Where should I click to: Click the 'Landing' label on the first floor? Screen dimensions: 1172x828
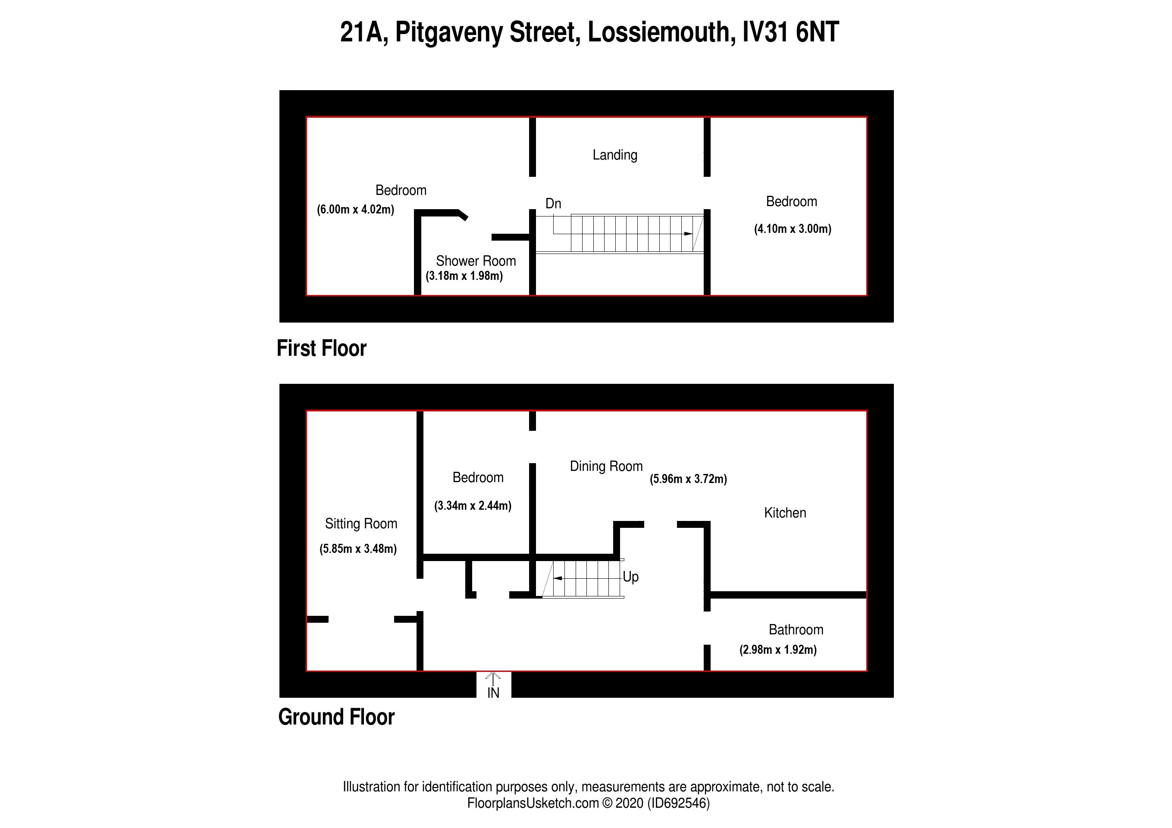point(614,155)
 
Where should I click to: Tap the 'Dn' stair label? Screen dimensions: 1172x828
point(553,204)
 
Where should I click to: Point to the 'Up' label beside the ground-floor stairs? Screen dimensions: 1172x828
point(630,577)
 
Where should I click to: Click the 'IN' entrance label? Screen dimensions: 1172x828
point(493,693)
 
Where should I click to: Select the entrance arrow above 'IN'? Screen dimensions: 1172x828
point(493,678)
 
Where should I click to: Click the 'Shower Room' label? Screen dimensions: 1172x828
point(476,261)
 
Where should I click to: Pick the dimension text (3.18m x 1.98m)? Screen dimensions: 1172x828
point(464,276)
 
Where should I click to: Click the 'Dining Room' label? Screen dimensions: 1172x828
point(606,466)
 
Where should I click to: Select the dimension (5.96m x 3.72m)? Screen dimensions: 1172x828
point(688,479)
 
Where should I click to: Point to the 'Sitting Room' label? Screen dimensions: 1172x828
point(361,524)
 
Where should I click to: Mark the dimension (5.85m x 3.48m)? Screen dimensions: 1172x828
point(358,549)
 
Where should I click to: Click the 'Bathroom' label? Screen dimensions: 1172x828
point(796,630)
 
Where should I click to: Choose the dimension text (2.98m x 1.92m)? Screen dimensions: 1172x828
point(778,650)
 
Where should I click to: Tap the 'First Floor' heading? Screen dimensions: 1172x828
point(322,348)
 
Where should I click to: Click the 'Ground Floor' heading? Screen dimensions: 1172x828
point(336,717)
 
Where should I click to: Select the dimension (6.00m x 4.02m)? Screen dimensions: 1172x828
point(355,209)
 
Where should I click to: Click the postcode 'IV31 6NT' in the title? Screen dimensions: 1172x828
point(790,32)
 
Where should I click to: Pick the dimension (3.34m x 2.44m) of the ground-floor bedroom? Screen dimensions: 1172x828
point(473,506)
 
